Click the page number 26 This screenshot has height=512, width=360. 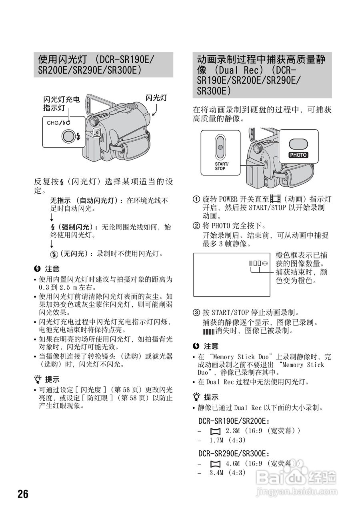pyautogui.click(x=23, y=494)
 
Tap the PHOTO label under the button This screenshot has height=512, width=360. pyautogui.click(x=298, y=155)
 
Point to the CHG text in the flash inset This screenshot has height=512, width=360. pyautogui.click(x=53, y=123)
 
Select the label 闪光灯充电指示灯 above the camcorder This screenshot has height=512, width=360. pyautogui.click(x=61, y=103)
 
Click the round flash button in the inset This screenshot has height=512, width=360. pyautogui.click(x=68, y=136)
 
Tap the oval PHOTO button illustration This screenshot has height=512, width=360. pyautogui.click(x=298, y=144)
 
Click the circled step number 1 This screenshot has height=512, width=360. pyautogui.click(x=196, y=199)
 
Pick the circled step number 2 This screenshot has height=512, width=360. pyautogui.click(x=196, y=226)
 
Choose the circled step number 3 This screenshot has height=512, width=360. pyautogui.click(x=196, y=312)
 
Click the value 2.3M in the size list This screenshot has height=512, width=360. pyautogui.click(x=233, y=430)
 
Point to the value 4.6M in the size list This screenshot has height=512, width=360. pyautogui.click(x=233, y=463)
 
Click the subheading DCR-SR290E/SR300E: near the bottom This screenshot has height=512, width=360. pyautogui.click(x=234, y=454)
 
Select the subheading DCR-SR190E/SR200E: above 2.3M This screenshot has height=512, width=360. pyautogui.click(x=234, y=421)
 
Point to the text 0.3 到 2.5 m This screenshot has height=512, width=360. pyautogui.click(x=60, y=287)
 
